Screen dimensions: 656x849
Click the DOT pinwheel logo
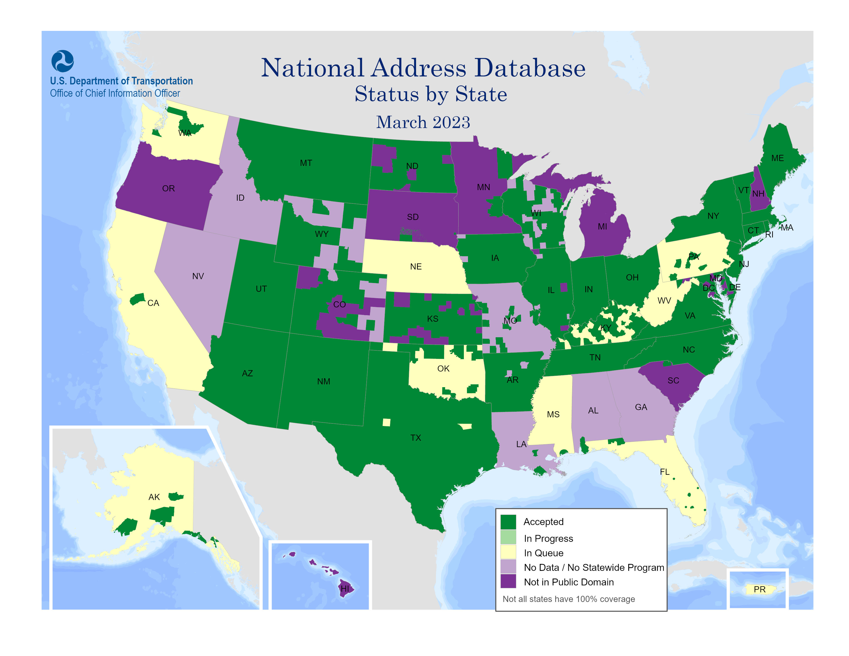click(x=62, y=61)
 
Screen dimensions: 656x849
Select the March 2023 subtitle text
click(x=423, y=122)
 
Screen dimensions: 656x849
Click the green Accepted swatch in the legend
click(x=508, y=521)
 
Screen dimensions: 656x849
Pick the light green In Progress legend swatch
click(x=508, y=538)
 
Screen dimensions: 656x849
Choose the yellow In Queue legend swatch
click(x=508, y=552)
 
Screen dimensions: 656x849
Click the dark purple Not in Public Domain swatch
click(x=508, y=581)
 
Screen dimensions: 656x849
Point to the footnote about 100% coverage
click(x=568, y=599)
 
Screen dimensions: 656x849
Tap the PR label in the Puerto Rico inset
click(x=759, y=589)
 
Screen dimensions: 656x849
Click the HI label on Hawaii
click(x=345, y=588)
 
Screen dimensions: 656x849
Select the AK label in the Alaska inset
click(x=154, y=497)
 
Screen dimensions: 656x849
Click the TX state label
click(x=415, y=438)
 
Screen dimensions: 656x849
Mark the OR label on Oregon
click(x=168, y=189)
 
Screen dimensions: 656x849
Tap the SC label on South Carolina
click(x=673, y=380)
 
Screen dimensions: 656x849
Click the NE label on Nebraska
click(x=415, y=267)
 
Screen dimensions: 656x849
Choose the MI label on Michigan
click(x=602, y=227)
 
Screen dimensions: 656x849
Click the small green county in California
click(x=137, y=299)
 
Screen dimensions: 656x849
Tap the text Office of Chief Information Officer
click(x=115, y=93)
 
